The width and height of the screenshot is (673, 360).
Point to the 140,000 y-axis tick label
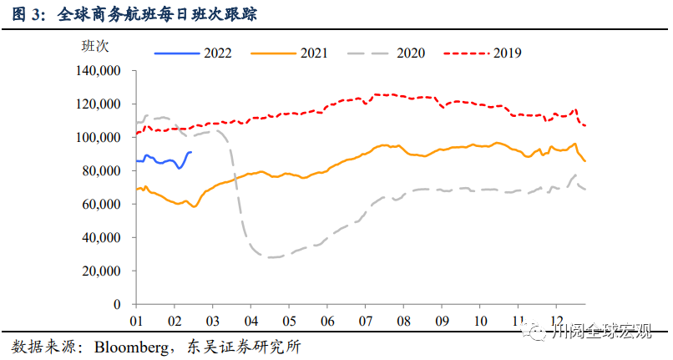(x=99, y=71)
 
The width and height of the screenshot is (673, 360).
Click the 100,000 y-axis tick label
(x=99, y=138)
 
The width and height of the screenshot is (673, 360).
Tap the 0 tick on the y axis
(x=118, y=305)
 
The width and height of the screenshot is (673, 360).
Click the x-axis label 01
(x=137, y=321)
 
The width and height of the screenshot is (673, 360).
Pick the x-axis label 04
(x=250, y=321)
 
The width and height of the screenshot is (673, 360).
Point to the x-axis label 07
(x=365, y=321)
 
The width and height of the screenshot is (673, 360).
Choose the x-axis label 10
(x=479, y=321)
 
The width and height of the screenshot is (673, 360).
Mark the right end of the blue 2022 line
(x=191, y=152)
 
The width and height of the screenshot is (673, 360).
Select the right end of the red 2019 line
(x=585, y=126)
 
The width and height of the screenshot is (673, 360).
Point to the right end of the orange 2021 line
(x=585, y=161)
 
